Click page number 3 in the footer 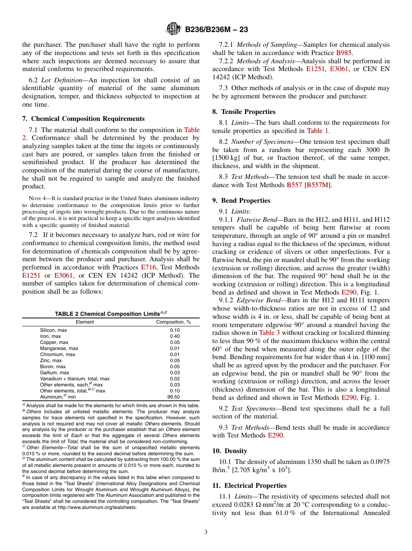pyautogui.click(x=206, y=532)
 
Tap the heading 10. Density pyautogui.click(x=229, y=451)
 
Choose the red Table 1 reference pyautogui.click(x=318, y=131)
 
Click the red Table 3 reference pyautogui.click(x=269, y=333)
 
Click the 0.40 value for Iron pyautogui.click(x=175, y=336)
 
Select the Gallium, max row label pyautogui.click(x=55, y=373)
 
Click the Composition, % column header pyautogui.click(x=173, y=322)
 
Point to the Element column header pyautogui.click(x=85, y=322)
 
